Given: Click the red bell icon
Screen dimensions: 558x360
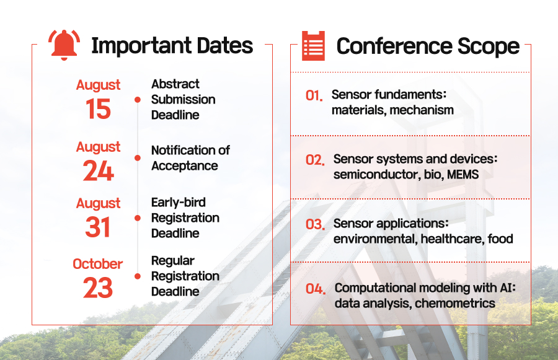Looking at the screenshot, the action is point(64,45).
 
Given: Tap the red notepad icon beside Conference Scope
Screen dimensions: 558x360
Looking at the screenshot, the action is point(313,45).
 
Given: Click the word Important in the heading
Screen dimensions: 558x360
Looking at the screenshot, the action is point(141,46).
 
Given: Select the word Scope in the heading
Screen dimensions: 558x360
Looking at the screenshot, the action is point(489,46).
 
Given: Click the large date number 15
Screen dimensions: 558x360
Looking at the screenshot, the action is point(98,109).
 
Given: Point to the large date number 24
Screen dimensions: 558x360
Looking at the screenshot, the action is point(98,171).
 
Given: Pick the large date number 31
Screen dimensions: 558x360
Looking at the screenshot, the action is point(98,227).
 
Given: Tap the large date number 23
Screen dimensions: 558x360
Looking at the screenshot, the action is point(98,288).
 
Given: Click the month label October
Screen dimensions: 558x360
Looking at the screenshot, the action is point(97,264).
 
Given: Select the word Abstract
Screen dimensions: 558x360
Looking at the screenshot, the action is point(175,84).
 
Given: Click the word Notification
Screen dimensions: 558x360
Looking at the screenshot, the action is point(179,150).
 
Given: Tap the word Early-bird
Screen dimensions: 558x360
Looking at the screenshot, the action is point(179,203).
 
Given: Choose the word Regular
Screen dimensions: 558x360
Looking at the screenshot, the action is point(172,261).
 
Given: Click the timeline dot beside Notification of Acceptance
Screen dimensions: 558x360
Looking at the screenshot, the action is point(138,157).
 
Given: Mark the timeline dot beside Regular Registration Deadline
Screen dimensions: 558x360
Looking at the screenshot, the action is point(138,276).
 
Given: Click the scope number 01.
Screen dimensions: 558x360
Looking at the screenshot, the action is point(314,95).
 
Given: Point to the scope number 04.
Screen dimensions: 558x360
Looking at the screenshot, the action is point(316,289).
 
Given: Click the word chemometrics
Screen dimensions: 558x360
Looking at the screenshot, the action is point(455,304).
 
